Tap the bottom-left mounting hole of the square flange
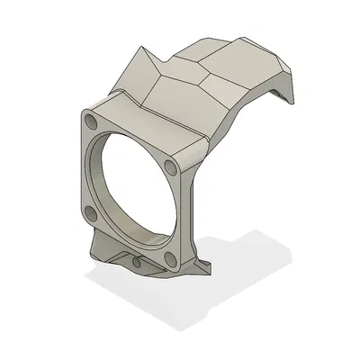pos(90,212)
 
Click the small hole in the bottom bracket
pos(135,263)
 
